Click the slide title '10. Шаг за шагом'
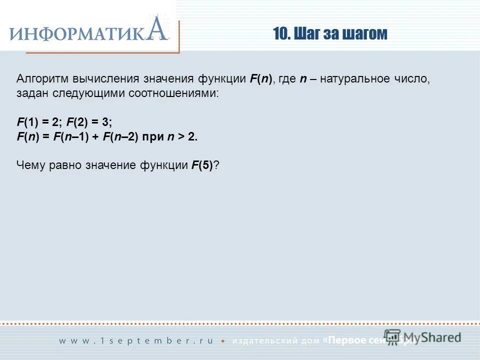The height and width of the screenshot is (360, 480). pyautogui.click(x=330, y=33)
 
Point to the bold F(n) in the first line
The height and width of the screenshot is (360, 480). pyautogui.click(x=260, y=79)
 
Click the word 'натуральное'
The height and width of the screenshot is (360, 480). pyautogui.click(x=355, y=79)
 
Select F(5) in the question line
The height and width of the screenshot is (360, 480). pyautogui.click(x=203, y=166)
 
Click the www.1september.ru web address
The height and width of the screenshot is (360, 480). pyautogui.click(x=136, y=340)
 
